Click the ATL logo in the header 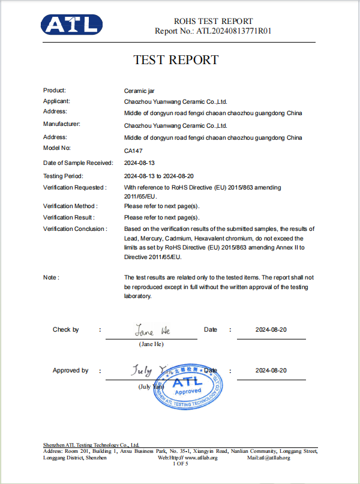click(71, 25)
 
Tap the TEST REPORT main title click(176, 60)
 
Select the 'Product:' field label click(55, 90)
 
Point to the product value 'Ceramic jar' click(139, 91)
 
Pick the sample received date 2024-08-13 click(139, 163)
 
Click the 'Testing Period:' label click(64, 176)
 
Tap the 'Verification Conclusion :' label click(76, 229)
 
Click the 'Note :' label click(51, 278)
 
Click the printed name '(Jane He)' click(151, 344)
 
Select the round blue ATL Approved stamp click(188, 388)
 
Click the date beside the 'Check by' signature click(271, 330)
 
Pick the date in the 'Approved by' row click(271, 371)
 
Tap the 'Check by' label click(66, 330)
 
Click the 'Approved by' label click(71, 371)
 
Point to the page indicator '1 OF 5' click(181, 464)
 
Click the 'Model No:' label click(57, 148)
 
